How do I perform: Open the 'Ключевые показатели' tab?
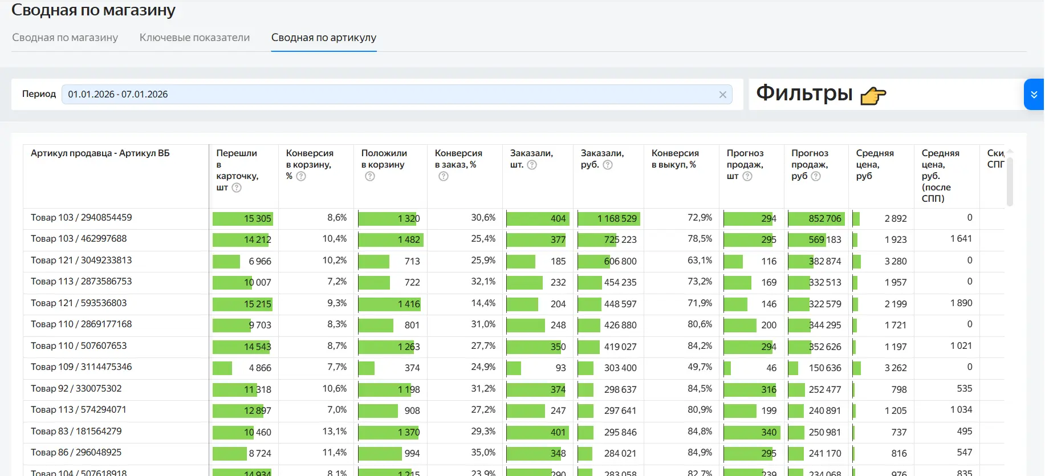[x=194, y=38]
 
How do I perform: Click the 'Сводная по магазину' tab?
[x=65, y=38]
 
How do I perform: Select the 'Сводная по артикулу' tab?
[x=323, y=38]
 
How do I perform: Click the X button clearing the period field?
[x=722, y=95]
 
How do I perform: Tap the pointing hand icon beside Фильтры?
[x=873, y=96]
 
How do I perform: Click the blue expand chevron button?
[x=1034, y=95]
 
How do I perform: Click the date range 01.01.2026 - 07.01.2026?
[x=118, y=95]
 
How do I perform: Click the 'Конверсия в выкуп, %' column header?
[x=674, y=159]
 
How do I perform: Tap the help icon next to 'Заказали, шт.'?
[x=532, y=165]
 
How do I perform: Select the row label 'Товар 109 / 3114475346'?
[x=81, y=367]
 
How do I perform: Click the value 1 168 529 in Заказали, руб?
[x=617, y=219]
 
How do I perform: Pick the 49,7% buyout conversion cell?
[x=700, y=367]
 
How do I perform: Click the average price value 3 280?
[x=895, y=261]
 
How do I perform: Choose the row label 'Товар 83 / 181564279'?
[x=76, y=432]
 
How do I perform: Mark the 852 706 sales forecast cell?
[x=824, y=219]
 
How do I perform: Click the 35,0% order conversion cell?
[x=483, y=453]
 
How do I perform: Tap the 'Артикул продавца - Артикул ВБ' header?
[x=100, y=153]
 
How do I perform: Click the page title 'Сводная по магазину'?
[x=93, y=10]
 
